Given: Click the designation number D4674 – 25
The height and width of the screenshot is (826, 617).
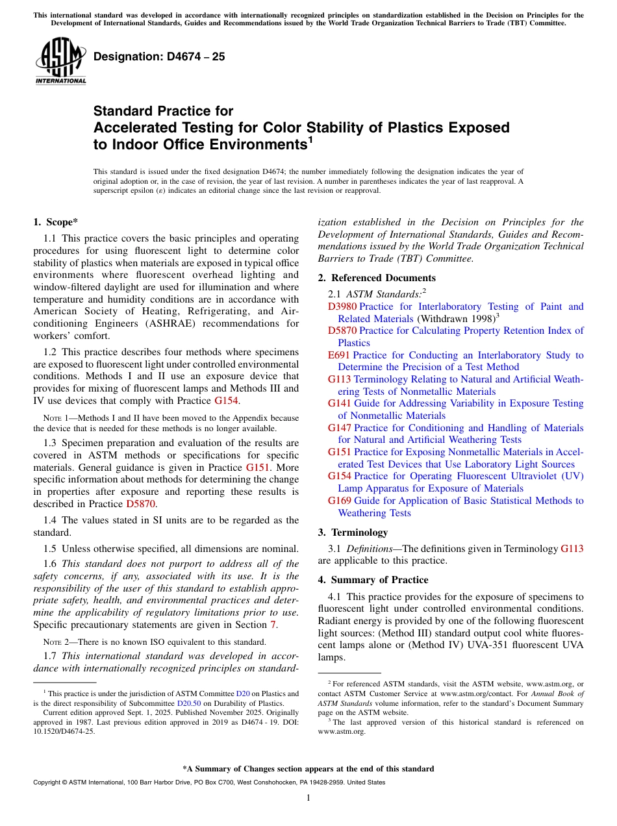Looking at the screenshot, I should (x=159, y=56).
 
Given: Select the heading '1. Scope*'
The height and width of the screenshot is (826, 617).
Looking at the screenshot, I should (x=55, y=222).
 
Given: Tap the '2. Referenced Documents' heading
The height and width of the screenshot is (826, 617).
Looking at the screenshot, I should (x=377, y=278).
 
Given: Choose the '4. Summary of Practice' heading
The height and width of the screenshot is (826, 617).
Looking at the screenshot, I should (x=373, y=580).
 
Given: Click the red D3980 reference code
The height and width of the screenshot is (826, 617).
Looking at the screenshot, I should (x=342, y=307).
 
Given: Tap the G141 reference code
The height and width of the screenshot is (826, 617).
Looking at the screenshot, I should (x=340, y=403).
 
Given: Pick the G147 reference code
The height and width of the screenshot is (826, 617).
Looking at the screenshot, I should (x=340, y=428).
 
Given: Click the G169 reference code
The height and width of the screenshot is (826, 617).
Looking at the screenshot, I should (x=340, y=501).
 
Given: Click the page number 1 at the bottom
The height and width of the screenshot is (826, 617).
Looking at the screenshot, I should (x=308, y=798).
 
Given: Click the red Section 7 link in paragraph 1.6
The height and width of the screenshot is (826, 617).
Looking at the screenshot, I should (x=273, y=625).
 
